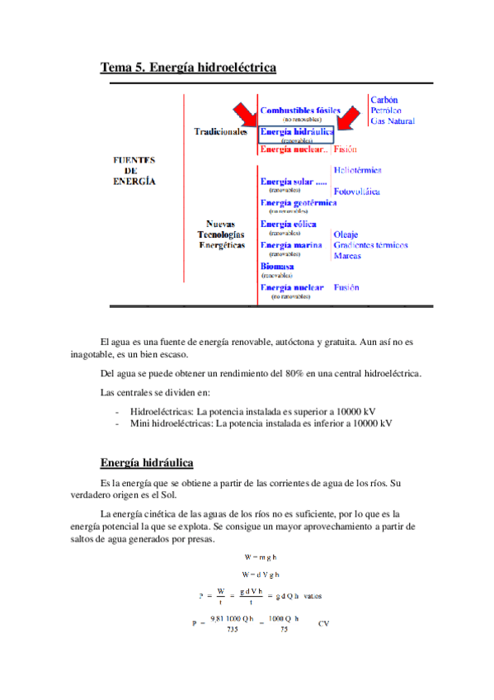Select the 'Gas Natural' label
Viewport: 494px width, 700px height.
392,121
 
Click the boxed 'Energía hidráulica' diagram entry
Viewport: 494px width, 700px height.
296,131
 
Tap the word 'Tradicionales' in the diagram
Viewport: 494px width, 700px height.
221,131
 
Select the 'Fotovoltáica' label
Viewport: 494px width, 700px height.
356,192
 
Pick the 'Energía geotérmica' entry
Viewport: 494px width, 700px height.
298,202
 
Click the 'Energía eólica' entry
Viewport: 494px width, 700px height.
288,224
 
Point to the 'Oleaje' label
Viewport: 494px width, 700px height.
346,234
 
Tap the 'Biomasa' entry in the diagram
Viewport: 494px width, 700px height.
277,267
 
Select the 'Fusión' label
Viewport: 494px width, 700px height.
346,287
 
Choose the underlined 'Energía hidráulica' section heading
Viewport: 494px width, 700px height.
147,462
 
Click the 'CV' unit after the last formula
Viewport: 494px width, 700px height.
324,624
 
